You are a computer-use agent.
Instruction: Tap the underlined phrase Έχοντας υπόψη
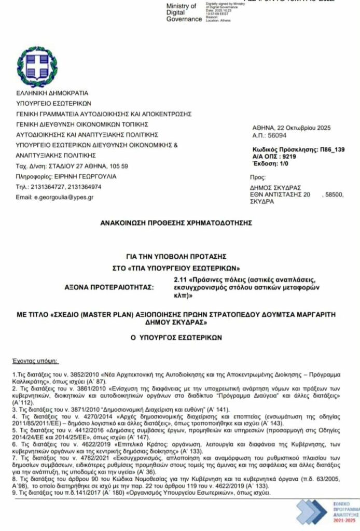point(35,359)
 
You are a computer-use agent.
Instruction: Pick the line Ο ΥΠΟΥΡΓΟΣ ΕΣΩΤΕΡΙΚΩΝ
point(176,337)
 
